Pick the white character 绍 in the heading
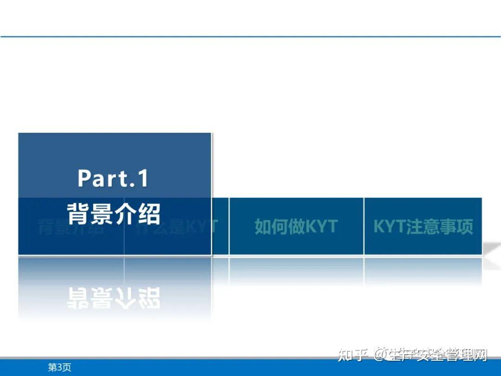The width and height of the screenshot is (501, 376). pos(149,214)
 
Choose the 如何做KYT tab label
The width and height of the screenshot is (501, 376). pos(296,227)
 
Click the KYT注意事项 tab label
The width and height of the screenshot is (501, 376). pos(423,227)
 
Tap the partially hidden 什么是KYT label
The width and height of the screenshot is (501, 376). pos(176,227)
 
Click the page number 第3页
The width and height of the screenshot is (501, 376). pos(60,368)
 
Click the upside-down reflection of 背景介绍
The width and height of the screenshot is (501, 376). pos(114,298)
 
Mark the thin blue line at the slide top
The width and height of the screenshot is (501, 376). pos(250,36)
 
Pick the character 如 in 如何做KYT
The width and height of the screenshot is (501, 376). pos(263,227)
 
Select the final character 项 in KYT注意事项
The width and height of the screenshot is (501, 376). pos(465,227)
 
